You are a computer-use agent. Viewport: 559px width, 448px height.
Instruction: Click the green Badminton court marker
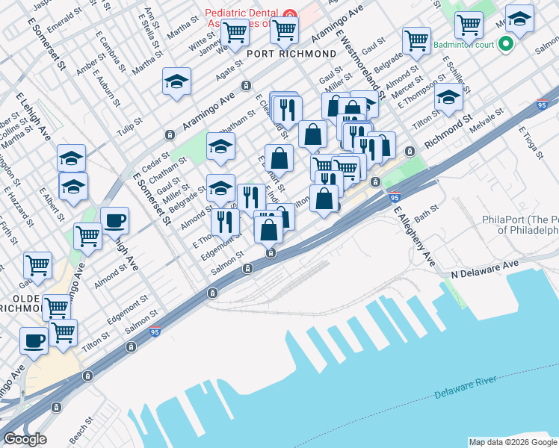pyautogui.click(x=506, y=43)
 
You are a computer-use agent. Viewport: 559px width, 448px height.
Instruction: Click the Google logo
pyautogui.click(x=25, y=439)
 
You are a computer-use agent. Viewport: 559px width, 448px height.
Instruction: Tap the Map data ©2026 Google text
pyautogui.click(x=512, y=442)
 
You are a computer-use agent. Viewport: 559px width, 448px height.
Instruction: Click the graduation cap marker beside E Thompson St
pyautogui.click(x=449, y=98)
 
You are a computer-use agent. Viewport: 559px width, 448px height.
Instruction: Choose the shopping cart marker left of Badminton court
pyautogui.click(x=416, y=40)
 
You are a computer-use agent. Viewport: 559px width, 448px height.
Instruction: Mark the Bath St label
pyautogui.click(x=427, y=216)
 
